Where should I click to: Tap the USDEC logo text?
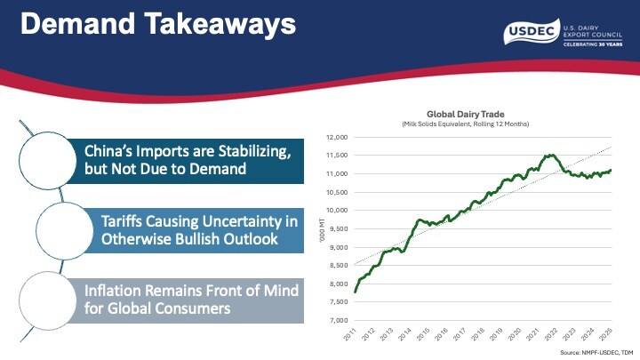[x=531, y=33]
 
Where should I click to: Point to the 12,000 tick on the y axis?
[x=333, y=137]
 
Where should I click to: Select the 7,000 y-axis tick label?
[x=335, y=320]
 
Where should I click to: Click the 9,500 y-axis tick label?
[x=335, y=228]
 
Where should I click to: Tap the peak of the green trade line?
[x=551, y=155]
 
